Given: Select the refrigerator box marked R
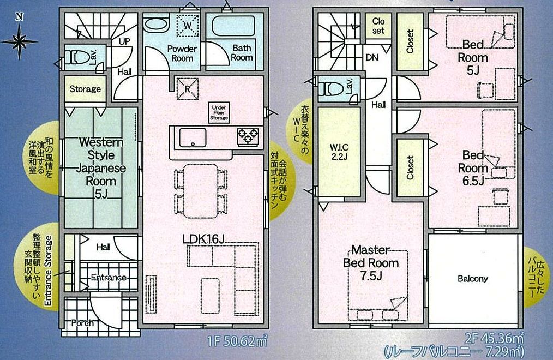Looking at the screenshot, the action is point(187,88).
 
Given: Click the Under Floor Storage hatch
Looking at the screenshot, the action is point(219,113).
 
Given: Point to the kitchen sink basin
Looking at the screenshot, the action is point(193,137).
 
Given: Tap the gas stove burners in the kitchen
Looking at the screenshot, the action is point(248,136).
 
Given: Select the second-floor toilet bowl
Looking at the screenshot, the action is point(332,89).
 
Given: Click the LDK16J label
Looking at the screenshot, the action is point(203,239).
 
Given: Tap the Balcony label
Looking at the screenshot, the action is point(473,279).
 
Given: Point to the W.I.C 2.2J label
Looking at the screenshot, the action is point(339,152).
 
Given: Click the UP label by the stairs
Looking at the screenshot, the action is point(124,41).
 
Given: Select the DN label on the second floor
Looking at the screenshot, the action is point(372,57).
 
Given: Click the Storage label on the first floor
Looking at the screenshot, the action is point(85,89).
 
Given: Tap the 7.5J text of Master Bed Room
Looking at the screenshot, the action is point(371,276).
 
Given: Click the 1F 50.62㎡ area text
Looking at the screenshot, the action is point(237,341).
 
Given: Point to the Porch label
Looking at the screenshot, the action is point(82,322).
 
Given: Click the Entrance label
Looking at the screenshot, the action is point(109,278).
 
